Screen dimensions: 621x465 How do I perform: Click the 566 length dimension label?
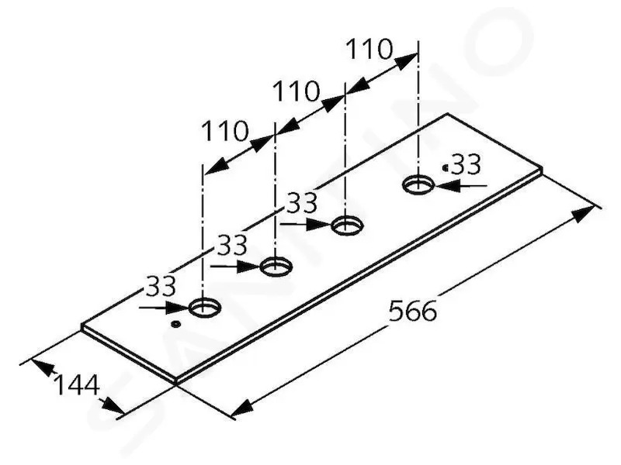pyautogui.click(x=413, y=311)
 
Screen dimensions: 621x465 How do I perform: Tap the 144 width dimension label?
pyautogui.click(x=77, y=385)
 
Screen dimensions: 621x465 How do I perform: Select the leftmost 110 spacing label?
pyautogui.click(x=225, y=131)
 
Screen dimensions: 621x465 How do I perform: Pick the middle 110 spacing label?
pyautogui.click(x=297, y=91)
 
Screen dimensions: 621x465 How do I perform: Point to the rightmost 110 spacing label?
pyautogui.click(x=369, y=49)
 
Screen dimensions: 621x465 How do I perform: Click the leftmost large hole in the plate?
pyautogui.click(x=204, y=308)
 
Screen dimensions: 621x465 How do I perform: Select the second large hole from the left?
pyautogui.click(x=276, y=266)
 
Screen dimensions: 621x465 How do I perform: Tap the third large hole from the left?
pyautogui.click(x=347, y=226)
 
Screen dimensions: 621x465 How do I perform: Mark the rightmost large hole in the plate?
pyautogui.click(x=418, y=184)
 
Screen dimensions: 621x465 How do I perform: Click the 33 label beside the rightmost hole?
pyautogui.click(x=467, y=164)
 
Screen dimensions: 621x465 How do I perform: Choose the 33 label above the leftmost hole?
pyautogui.click(x=161, y=286)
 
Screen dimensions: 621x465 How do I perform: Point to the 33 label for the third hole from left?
pyautogui.click(x=302, y=202)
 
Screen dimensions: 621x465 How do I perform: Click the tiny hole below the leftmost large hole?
pyautogui.click(x=175, y=325)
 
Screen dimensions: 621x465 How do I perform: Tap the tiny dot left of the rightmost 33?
pyautogui.click(x=446, y=167)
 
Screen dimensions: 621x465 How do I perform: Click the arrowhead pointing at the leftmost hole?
pyautogui.click(x=177, y=307)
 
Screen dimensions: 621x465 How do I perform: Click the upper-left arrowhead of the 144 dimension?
pyautogui.click(x=43, y=367)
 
